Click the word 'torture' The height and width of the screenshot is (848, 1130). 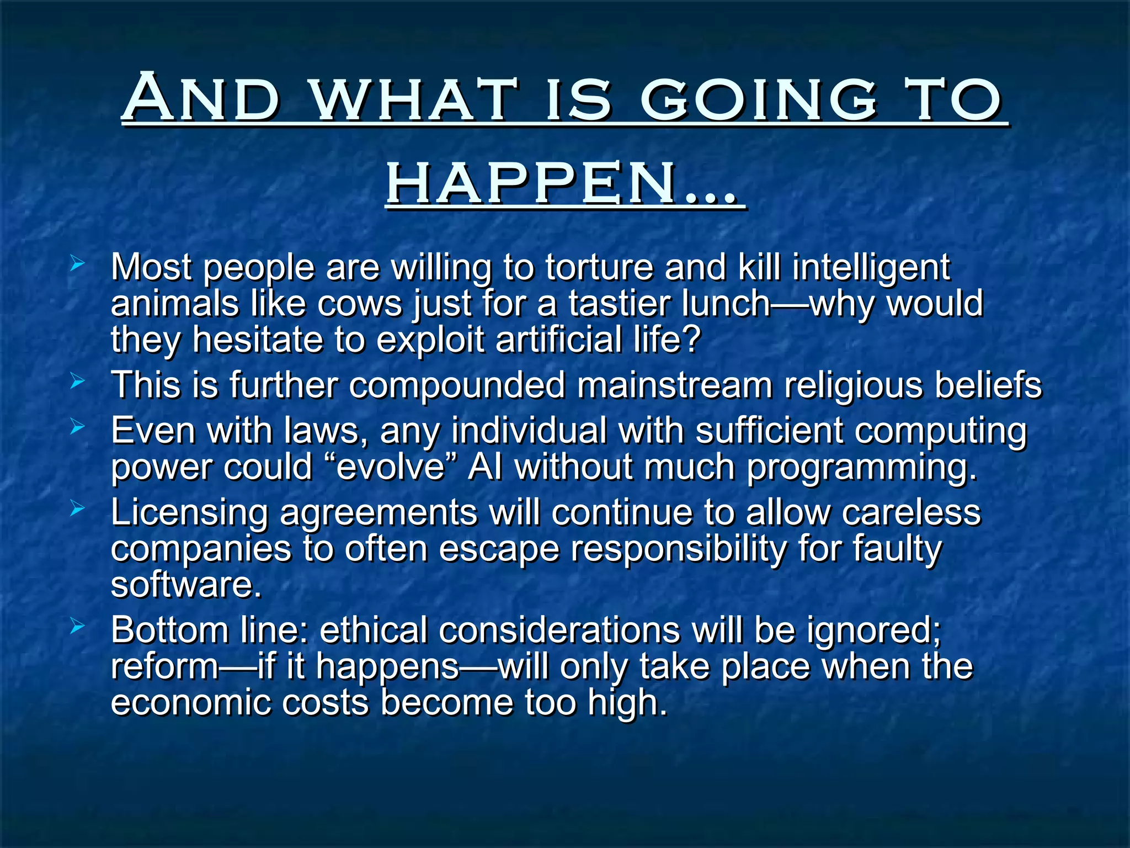click(599, 267)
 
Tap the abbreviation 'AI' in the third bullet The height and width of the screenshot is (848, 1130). click(486, 468)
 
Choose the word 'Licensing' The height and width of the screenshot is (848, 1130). click(189, 513)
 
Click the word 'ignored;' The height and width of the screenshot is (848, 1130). click(873, 630)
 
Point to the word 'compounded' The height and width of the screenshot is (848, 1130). click(457, 385)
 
